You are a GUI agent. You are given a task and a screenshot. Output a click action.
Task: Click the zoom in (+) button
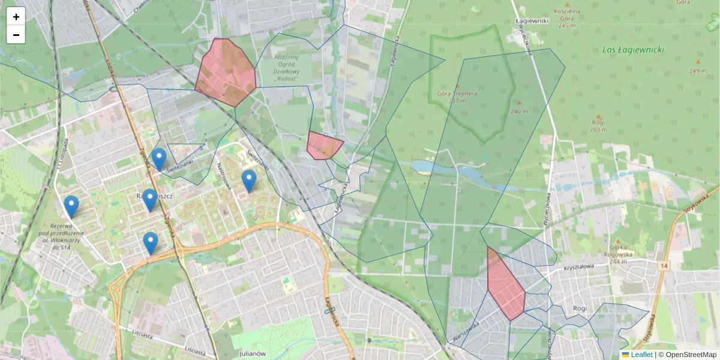coord(16,17)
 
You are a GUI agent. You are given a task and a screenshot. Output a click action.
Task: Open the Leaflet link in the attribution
coord(641,355)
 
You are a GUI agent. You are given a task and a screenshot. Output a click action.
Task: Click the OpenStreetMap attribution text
coord(691,355)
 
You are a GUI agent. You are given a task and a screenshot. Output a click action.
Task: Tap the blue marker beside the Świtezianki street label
coord(159,159)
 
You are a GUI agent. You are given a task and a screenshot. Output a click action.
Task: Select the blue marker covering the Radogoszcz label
coord(149,199)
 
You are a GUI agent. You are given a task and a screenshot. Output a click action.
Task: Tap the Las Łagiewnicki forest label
coord(632,50)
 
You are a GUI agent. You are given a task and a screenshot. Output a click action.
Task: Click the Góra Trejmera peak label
coord(457,96)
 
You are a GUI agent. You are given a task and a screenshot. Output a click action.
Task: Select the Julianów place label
coord(252,353)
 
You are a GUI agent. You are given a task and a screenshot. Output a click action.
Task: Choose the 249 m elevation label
coord(698,71)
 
